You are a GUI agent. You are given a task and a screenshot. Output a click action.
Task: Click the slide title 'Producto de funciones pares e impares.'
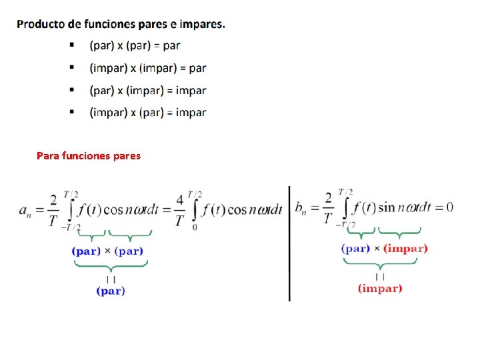tap(121, 24)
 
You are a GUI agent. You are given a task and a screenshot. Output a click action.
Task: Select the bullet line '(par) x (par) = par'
tap(135, 46)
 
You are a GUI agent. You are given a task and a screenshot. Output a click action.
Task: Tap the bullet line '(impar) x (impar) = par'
tap(148, 68)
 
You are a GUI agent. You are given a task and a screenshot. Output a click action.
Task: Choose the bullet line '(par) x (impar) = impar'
tap(148, 90)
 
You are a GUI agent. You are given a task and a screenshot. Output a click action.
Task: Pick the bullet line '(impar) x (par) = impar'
tap(148, 112)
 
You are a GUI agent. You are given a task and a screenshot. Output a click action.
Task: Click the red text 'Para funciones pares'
tap(89, 156)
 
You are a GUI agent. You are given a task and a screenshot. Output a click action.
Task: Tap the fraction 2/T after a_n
tap(53, 210)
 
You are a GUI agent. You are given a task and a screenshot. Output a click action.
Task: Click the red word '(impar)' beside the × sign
tap(405, 249)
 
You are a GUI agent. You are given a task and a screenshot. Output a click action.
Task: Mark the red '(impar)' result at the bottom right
tap(380, 289)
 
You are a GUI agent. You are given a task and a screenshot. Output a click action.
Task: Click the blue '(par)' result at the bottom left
tap(111, 291)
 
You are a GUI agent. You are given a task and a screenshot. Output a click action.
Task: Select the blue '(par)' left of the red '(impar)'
tap(356, 249)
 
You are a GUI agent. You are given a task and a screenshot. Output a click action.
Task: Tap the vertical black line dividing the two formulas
tap(289, 243)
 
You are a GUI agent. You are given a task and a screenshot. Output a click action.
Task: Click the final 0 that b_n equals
tap(449, 207)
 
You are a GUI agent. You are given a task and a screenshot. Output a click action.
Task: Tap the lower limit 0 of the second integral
tap(194, 227)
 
